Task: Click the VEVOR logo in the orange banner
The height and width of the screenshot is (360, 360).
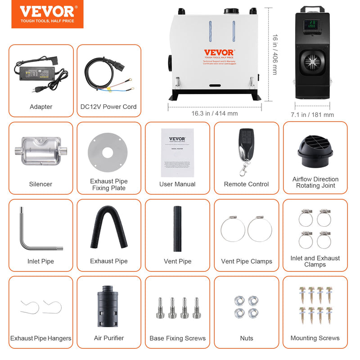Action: pyautogui.click(x=48, y=12)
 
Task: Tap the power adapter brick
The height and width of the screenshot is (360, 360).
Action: pyautogui.click(x=36, y=72)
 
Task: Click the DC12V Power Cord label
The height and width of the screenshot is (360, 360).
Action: pyautogui.click(x=108, y=107)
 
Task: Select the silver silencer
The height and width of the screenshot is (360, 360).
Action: pyautogui.click(x=40, y=151)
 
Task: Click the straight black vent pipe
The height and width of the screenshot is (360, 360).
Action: pyautogui.click(x=177, y=229)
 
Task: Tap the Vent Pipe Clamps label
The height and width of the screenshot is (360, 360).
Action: pyautogui.click(x=247, y=261)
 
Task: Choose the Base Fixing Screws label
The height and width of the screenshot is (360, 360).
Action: pyautogui.click(x=177, y=338)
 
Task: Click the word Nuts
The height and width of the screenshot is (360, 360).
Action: pyautogui.click(x=247, y=338)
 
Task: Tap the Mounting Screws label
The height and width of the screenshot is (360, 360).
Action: pyautogui.click(x=315, y=338)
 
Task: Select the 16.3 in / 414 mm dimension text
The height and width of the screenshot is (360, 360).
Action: pyautogui.click(x=214, y=113)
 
